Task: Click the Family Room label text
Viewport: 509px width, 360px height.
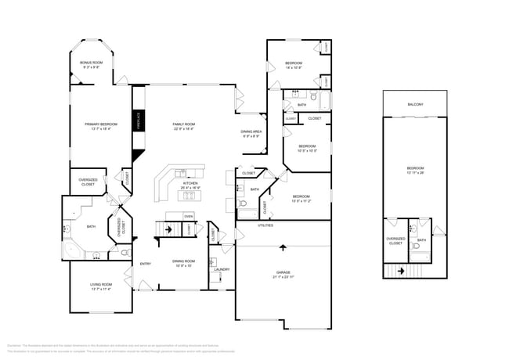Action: coord(184,126)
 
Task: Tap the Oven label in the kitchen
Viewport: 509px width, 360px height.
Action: coord(188,216)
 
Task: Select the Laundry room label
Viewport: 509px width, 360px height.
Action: coord(222,269)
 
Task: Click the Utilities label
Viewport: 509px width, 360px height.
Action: coord(265,225)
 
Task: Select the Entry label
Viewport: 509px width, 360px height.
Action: coord(145,264)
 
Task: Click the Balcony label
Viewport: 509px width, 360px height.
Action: coord(415,104)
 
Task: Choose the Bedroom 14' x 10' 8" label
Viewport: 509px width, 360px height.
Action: coord(294,64)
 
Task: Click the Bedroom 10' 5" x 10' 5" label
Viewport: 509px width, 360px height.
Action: coord(307,148)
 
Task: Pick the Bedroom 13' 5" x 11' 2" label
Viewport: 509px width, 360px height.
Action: coord(301,199)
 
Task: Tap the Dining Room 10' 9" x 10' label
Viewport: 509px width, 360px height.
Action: coord(184,263)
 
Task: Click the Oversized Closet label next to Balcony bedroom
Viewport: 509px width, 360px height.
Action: coord(395,242)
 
